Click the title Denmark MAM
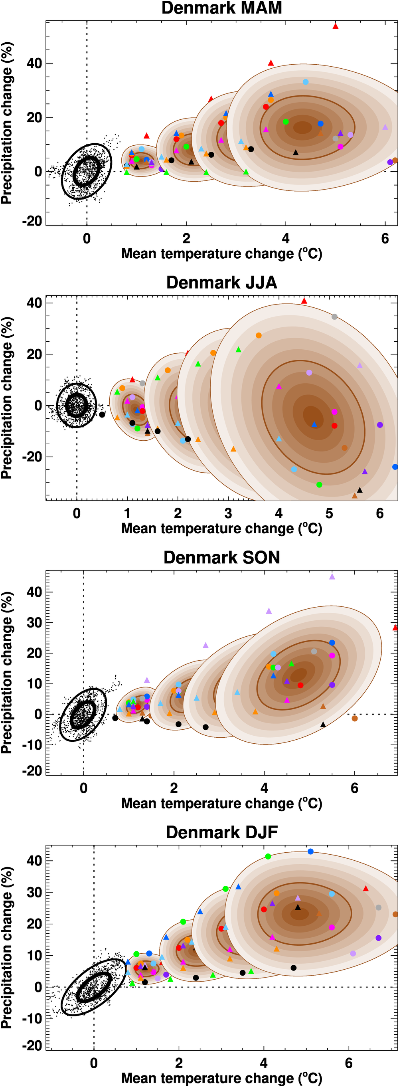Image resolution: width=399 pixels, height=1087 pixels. coord(221,8)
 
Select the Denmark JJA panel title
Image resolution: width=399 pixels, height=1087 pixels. coord(221,283)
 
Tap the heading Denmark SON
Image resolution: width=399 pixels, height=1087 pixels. coord(221,557)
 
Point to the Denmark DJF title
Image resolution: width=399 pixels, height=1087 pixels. coord(221,832)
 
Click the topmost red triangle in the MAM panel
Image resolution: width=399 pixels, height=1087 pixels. coord(335,26)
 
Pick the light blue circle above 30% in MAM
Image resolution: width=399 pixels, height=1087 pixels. coord(305,82)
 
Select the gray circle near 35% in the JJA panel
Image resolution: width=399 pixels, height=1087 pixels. coord(334,317)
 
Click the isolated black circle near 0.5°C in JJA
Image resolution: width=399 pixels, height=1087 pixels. coord(102,415)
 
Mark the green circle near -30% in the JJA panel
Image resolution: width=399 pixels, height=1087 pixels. coord(319,485)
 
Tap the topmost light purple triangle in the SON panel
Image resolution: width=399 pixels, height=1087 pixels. coord(332,576)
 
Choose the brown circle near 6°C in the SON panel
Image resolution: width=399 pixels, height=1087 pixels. coord(355,718)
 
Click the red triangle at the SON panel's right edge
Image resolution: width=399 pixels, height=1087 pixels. coord(395,628)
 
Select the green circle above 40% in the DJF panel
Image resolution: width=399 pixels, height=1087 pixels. coord(268,857)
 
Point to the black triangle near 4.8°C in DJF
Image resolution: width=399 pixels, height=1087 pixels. coord(298,907)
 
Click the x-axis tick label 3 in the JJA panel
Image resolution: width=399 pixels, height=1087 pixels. coord(228,513)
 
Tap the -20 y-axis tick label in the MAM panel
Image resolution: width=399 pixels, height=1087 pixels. coord(32,221)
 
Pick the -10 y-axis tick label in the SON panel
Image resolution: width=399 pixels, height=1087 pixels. coord(32,745)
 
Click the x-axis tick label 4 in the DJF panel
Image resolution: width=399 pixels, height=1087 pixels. coord(264,1063)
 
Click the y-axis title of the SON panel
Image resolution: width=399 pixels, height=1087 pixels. coord(7,673)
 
